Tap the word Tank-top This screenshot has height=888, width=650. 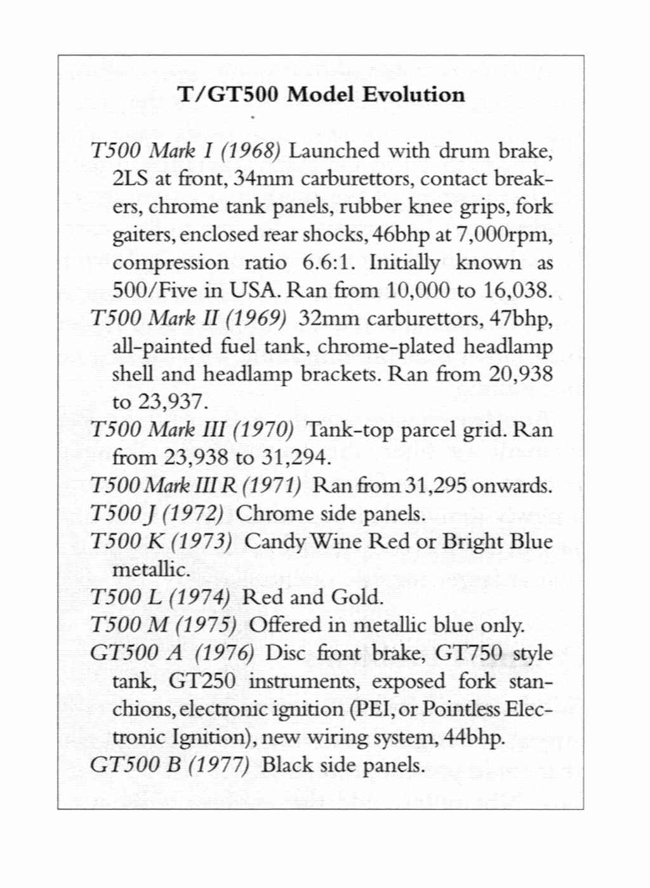click(347, 430)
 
